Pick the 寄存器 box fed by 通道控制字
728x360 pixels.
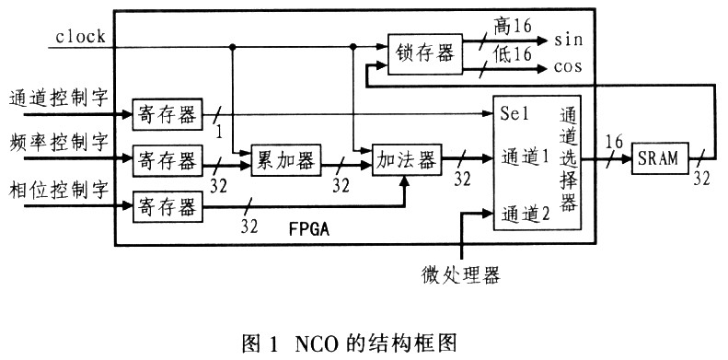click(166, 114)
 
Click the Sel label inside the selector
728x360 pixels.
click(513, 117)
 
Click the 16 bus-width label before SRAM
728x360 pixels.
click(614, 141)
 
